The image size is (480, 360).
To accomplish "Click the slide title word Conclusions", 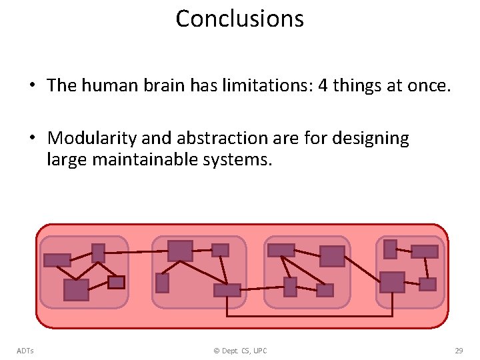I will tap(239, 19).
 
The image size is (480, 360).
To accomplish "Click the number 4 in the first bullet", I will tap(324, 86).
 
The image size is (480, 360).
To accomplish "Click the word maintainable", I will tap(148, 159).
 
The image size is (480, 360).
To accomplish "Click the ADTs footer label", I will tap(26, 351).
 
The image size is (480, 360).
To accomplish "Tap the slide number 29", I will tap(459, 351).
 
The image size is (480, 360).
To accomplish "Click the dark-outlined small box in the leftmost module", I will tap(116, 282).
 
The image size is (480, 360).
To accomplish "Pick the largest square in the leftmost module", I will tap(76, 290).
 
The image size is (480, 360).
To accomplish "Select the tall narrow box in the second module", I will tap(162, 283).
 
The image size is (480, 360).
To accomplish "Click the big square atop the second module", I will tap(180, 251).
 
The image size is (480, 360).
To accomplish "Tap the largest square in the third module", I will tap(332, 256).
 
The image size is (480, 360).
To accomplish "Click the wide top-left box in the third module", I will tap(281, 250).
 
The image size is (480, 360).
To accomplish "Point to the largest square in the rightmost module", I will tap(392, 282).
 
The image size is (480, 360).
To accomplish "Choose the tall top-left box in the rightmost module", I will tap(391, 249).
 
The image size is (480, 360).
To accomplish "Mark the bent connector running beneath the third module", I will tap(310, 315).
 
